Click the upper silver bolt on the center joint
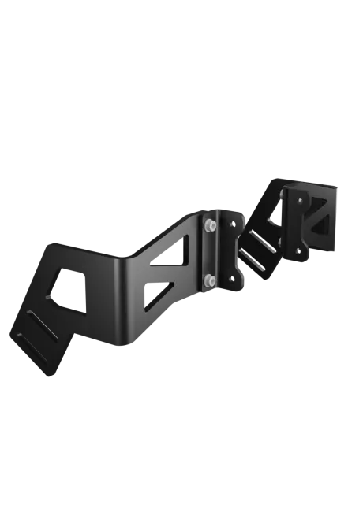pos(208,226)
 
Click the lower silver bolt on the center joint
pos(208,280)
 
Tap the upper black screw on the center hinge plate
pos(230,224)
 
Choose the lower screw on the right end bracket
pos(298,252)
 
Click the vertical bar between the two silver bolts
pos(208,253)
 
